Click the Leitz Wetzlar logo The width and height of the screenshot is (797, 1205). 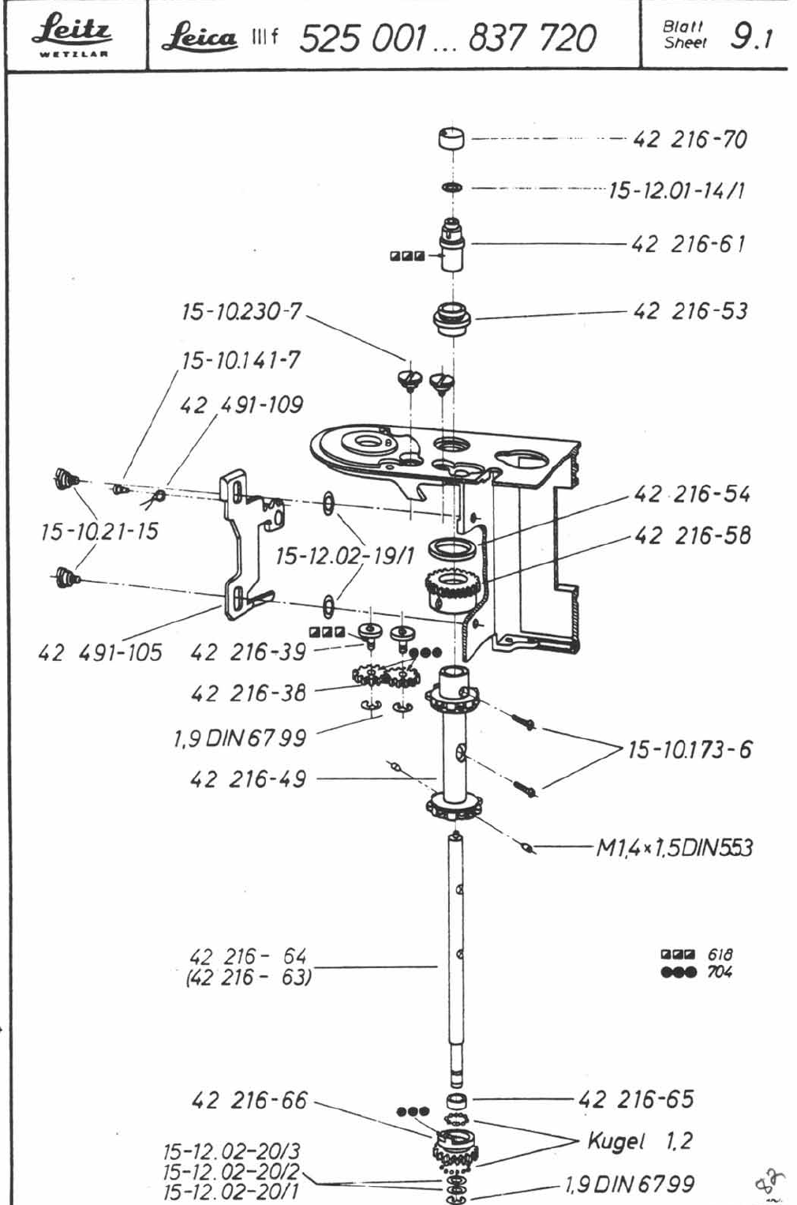(x=72, y=35)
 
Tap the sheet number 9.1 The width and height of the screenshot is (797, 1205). (x=751, y=37)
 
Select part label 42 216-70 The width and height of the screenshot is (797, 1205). (x=690, y=140)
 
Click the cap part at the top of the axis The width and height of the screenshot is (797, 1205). (x=451, y=139)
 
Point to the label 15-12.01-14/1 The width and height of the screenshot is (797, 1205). (x=677, y=190)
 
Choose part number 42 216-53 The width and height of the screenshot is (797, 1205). (x=690, y=311)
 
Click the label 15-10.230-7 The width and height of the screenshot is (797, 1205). (x=241, y=311)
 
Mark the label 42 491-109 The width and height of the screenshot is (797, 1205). (x=241, y=405)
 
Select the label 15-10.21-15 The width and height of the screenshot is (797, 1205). (x=99, y=531)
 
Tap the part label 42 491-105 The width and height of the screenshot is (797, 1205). (x=99, y=652)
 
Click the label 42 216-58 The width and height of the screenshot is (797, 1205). (x=692, y=535)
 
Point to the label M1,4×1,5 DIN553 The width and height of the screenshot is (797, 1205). (x=675, y=848)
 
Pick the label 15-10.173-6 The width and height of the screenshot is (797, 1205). (x=690, y=749)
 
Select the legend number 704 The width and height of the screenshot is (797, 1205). (x=720, y=972)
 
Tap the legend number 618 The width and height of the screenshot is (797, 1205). (x=720, y=955)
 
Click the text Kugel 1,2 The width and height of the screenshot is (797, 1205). (x=640, y=1141)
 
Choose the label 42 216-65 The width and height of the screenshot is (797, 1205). (x=636, y=1099)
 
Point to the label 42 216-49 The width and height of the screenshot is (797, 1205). (x=248, y=779)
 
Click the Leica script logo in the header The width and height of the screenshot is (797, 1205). (x=199, y=37)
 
